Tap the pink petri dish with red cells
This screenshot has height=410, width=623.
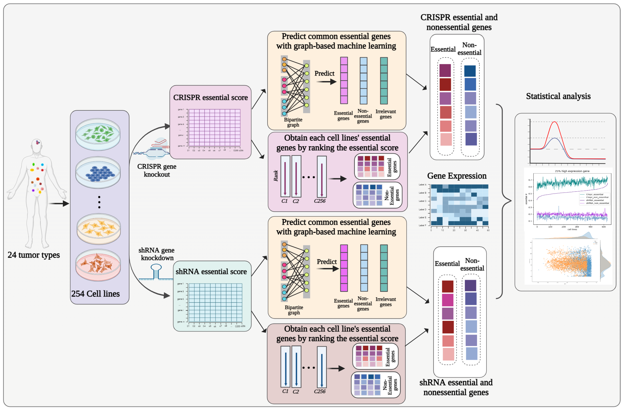pyautogui.click(x=98, y=265)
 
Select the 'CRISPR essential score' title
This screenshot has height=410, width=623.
pyautogui.click(x=210, y=97)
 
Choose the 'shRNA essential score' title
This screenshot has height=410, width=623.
pyautogui.click(x=211, y=271)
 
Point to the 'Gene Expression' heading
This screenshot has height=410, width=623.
pyautogui.click(x=457, y=176)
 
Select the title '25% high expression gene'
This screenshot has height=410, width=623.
pyautogui.click(x=572, y=171)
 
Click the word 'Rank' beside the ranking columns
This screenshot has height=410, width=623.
pyautogui.click(x=276, y=176)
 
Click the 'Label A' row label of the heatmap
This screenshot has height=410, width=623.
pyautogui.click(x=422, y=185)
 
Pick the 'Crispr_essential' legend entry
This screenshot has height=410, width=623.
pyautogui.click(x=594, y=194)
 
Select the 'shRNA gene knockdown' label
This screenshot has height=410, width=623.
pyautogui.click(x=157, y=254)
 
